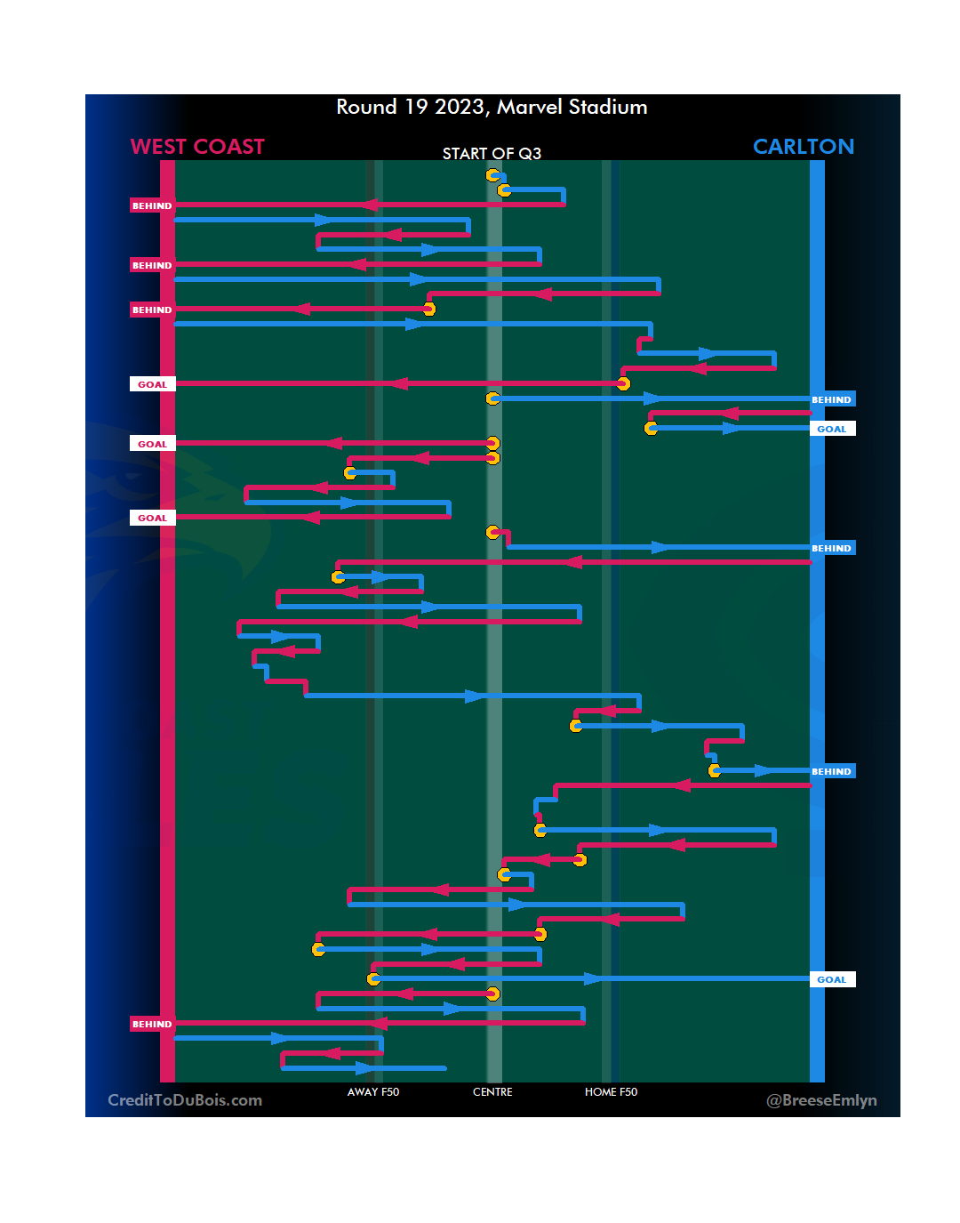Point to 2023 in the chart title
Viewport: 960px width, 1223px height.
click(x=460, y=108)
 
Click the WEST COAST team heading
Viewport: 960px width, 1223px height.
click(x=197, y=147)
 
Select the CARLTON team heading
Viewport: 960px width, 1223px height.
click(x=803, y=147)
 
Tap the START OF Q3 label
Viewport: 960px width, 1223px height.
click(x=492, y=154)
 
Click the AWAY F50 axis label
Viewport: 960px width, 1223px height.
click(x=373, y=1092)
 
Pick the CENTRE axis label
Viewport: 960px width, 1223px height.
click(x=492, y=1092)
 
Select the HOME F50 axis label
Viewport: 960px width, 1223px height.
click(x=611, y=1092)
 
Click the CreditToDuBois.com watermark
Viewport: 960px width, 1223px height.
click(x=185, y=1100)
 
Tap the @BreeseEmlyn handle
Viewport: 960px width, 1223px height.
click(x=821, y=1100)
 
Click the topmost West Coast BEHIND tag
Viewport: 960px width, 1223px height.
click(x=152, y=205)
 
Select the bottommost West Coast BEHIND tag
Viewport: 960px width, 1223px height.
click(x=152, y=1024)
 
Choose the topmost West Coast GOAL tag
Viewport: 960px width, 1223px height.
click(x=152, y=384)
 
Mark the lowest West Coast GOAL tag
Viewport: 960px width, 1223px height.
click(x=152, y=518)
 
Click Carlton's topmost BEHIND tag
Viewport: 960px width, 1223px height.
click(x=832, y=399)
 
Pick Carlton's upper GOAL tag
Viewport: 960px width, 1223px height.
click(x=832, y=429)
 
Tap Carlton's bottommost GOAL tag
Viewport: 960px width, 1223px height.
click(x=832, y=979)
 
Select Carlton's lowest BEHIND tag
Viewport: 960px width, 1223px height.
click(x=832, y=771)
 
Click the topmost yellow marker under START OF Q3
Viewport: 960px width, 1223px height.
click(x=492, y=175)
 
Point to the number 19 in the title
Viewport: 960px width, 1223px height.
click(x=416, y=108)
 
